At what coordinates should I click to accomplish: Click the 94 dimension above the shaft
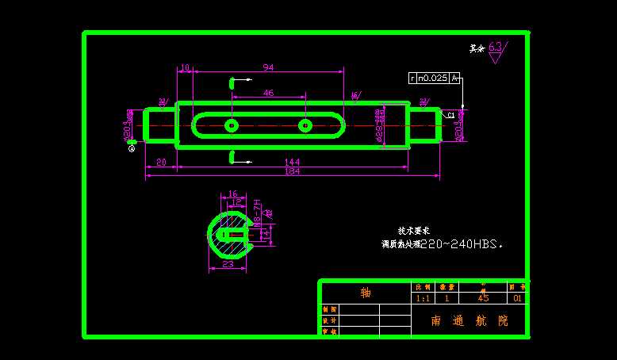[x=268, y=67]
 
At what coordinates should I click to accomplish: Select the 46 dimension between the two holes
[x=268, y=93]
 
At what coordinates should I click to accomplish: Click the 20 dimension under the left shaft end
[x=161, y=162]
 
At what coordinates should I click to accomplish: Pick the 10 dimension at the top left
[x=185, y=67]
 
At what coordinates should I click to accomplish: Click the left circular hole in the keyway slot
[x=232, y=125]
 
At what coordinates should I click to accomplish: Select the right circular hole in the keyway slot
[x=305, y=125]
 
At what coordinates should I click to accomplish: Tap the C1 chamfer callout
[x=450, y=115]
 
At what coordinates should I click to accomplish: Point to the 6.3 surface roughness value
[x=496, y=47]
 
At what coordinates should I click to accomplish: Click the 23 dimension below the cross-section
[x=228, y=264]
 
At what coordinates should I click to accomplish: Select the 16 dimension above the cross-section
[x=232, y=193]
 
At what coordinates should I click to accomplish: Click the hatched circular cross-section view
[x=229, y=235]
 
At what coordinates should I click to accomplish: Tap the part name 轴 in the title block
[x=366, y=293]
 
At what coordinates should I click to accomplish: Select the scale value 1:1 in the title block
[x=423, y=299]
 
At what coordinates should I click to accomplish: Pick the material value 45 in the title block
[x=483, y=299]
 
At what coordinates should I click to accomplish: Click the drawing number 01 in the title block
[x=517, y=299]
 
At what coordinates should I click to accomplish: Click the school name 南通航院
[x=468, y=321]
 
